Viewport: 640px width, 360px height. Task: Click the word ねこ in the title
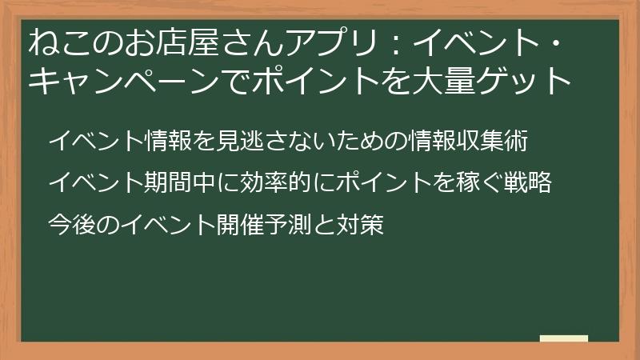[55, 42]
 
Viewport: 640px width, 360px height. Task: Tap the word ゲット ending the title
[545, 81]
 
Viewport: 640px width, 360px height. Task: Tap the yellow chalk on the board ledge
[563, 338]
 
